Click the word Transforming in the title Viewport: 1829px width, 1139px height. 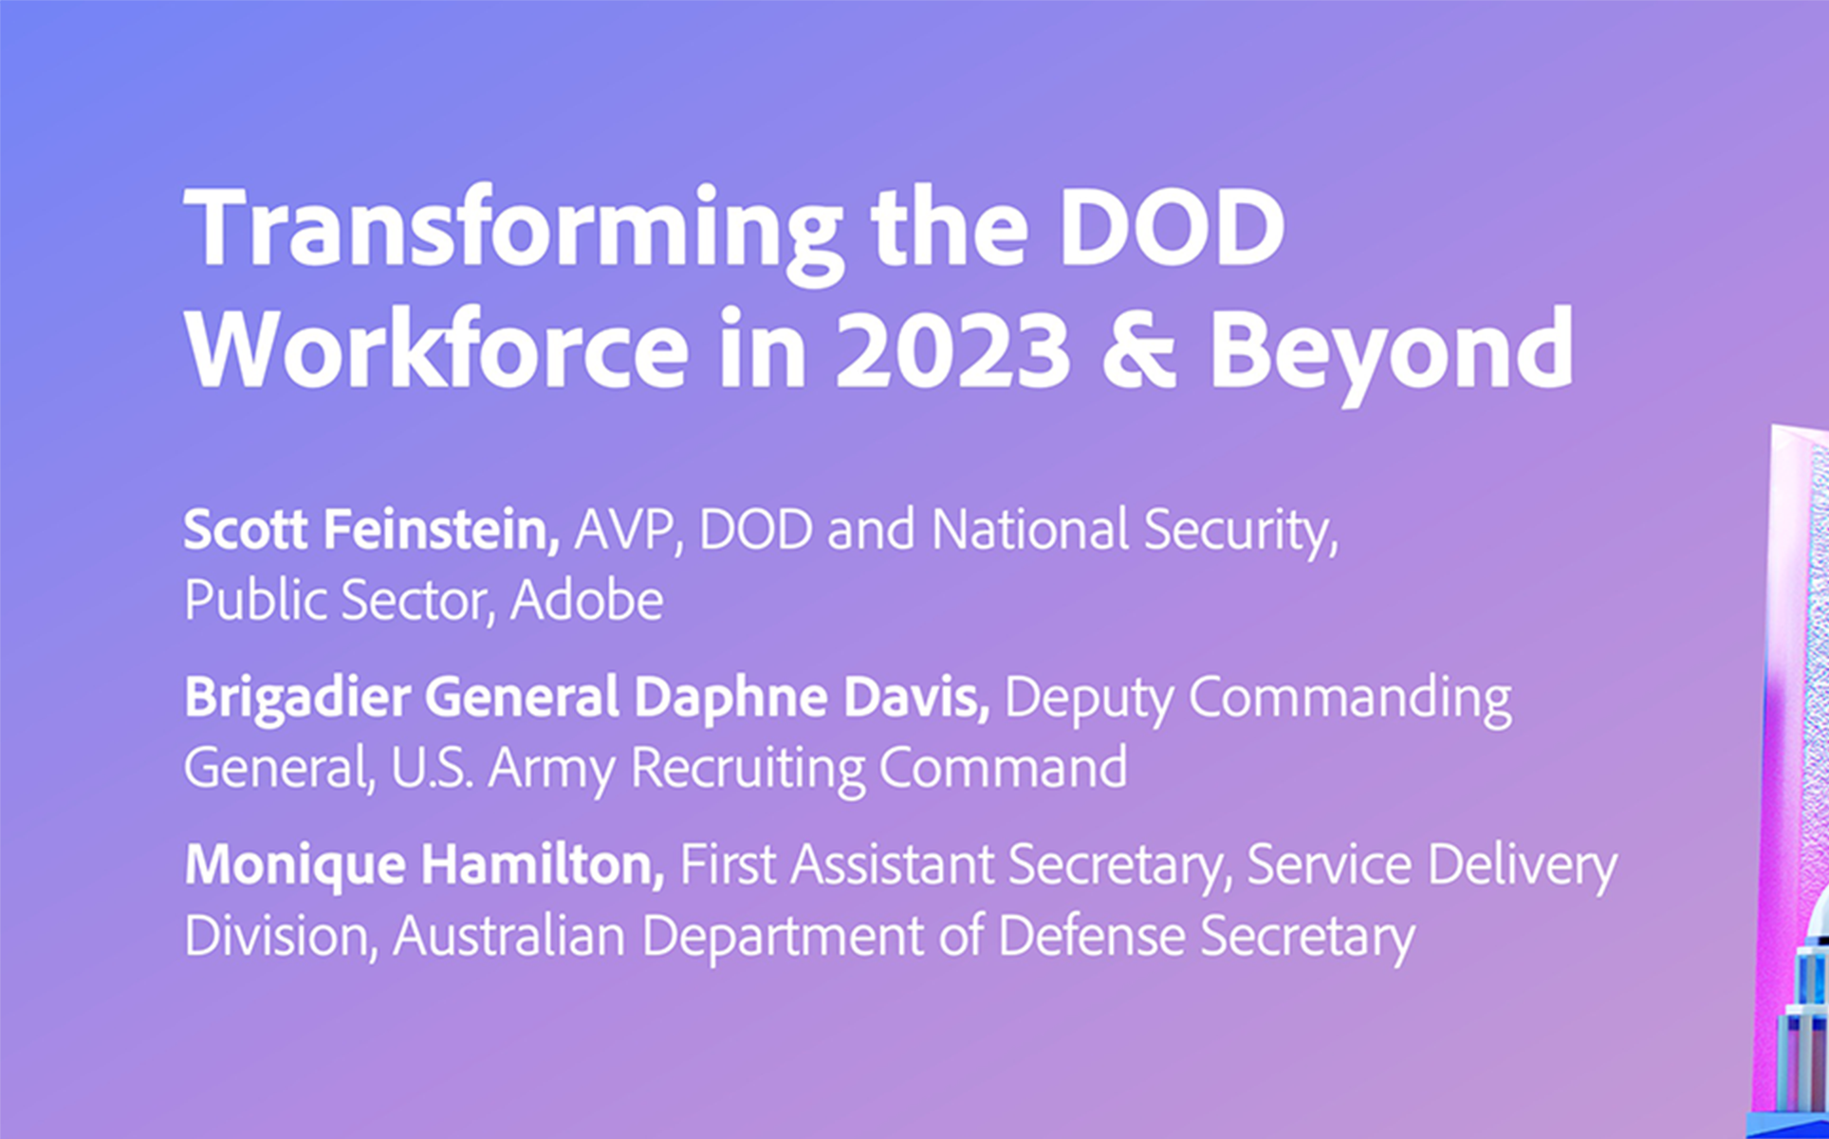pyautogui.click(x=513, y=231)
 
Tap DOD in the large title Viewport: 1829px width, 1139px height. pyautogui.click(x=1173, y=227)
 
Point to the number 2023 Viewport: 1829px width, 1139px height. pyautogui.click(x=953, y=348)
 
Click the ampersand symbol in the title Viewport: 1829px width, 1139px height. pyautogui.click(x=1139, y=348)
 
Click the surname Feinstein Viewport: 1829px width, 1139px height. pyautogui.click(x=442, y=529)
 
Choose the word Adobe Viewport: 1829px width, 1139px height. pyautogui.click(x=587, y=601)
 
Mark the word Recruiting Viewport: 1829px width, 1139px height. pyautogui.click(x=748, y=770)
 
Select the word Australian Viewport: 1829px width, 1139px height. pyautogui.click(x=509, y=936)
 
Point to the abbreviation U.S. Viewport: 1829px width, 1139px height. pyautogui.click(x=433, y=768)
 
